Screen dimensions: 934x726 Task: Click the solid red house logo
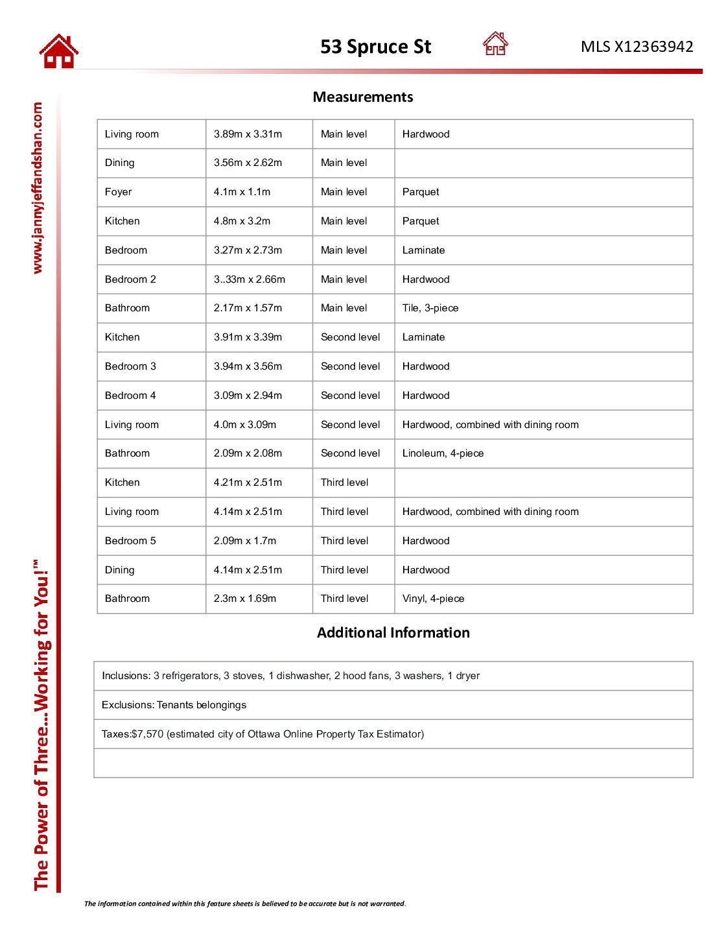58,51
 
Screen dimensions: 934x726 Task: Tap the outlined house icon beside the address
495,44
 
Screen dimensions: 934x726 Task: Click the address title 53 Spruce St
375,47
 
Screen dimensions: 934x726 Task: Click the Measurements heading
362,97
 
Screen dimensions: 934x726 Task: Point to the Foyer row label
118,192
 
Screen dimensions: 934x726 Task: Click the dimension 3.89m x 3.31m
248,134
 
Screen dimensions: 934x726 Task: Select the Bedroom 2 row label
130,280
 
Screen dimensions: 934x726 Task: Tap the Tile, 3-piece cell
430,308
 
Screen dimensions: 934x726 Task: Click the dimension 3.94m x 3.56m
248,366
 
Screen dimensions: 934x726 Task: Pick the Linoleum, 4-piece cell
443,453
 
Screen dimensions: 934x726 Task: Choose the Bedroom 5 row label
130,541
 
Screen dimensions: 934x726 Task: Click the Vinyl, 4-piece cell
433,599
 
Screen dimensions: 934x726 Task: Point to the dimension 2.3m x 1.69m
244,599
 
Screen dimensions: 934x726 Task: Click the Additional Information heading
393,632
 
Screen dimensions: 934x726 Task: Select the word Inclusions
126,676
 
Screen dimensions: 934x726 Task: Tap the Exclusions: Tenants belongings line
174,705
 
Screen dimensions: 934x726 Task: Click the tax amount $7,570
148,734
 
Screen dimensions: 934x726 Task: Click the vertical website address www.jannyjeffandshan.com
38,188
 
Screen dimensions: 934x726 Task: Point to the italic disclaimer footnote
244,904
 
